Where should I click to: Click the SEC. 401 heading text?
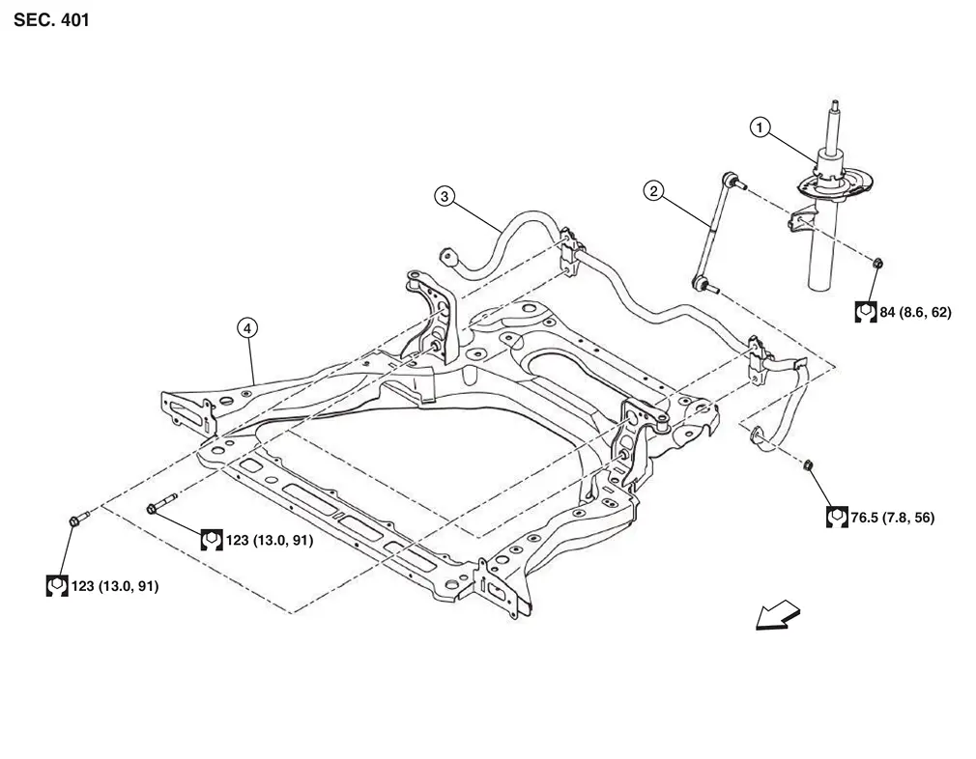(51, 19)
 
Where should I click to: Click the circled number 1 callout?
(761, 126)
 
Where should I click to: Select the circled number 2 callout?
(653, 191)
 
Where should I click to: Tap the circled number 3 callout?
(444, 197)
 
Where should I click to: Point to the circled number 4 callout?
(247, 329)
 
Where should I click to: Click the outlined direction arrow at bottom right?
(777, 615)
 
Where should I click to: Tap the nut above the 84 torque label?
(877, 263)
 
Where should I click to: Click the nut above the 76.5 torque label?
(809, 467)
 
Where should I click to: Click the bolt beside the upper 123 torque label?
(159, 508)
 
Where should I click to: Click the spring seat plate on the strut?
(828, 186)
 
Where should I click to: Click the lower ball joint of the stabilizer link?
(703, 283)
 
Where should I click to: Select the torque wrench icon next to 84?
(866, 313)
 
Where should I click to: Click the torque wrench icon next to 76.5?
(837, 518)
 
